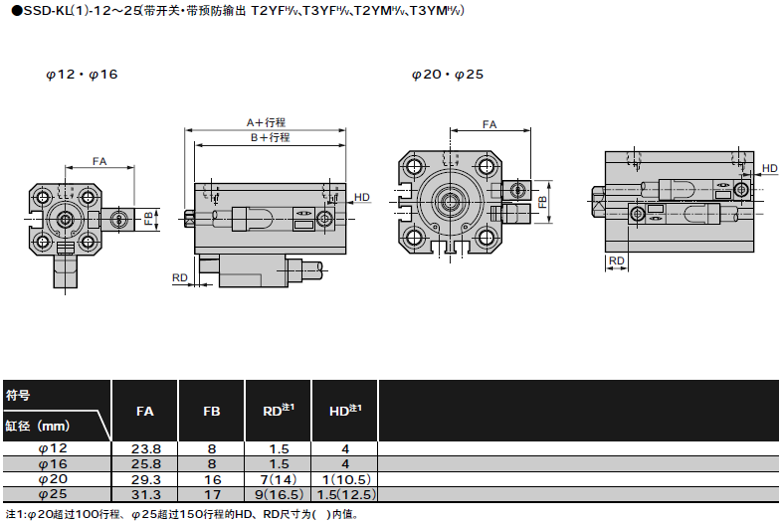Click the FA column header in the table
click(144, 410)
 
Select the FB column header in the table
click(211, 410)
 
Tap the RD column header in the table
click(278, 409)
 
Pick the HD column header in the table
click(344, 409)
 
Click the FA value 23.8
click(145, 448)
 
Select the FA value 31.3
click(145, 493)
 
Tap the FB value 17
click(211, 493)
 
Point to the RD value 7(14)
click(278, 478)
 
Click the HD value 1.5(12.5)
click(344, 493)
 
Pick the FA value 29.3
click(145, 478)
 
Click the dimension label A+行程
click(266, 122)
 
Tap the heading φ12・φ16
click(81, 75)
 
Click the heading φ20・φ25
click(447, 75)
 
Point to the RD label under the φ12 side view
click(180, 277)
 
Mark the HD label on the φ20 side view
click(769, 169)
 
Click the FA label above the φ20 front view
click(489, 125)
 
